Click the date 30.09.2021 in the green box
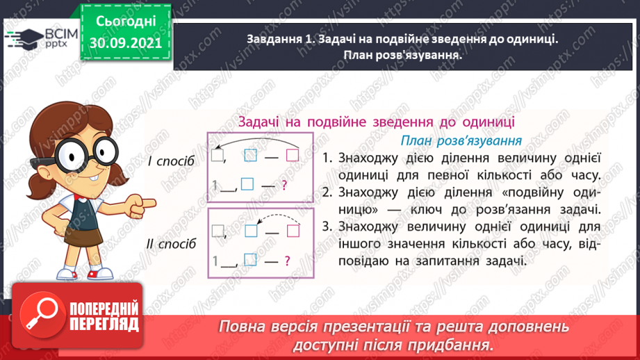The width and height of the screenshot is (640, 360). pyautogui.click(x=126, y=42)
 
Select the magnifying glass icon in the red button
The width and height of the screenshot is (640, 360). pyautogui.click(x=40, y=316)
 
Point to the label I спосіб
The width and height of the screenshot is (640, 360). pyautogui.click(x=171, y=161)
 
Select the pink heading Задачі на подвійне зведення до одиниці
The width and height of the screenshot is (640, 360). pyautogui.click(x=376, y=121)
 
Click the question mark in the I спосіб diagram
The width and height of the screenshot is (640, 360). pyautogui.click(x=284, y=185)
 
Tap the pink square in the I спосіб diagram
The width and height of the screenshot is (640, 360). pyautogui.click(x=292, y=156)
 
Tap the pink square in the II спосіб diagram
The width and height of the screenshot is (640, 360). pyautogui.click(x=292, y=231)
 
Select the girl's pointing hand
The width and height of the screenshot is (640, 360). pyautogui.click(x=142, y=204)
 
